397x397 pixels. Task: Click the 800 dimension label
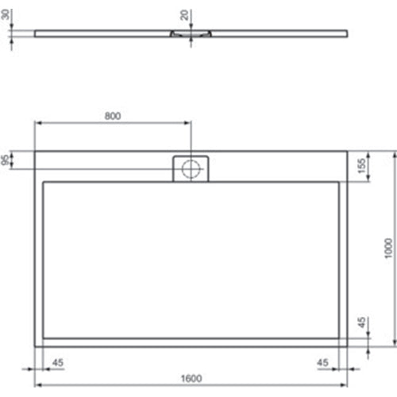113,116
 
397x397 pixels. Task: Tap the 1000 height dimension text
387,249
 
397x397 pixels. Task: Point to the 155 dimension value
362,167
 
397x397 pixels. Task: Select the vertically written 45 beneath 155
362,325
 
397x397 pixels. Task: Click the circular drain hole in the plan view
191,168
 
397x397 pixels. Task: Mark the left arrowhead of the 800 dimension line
37,124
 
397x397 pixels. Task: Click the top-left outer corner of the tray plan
34,152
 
